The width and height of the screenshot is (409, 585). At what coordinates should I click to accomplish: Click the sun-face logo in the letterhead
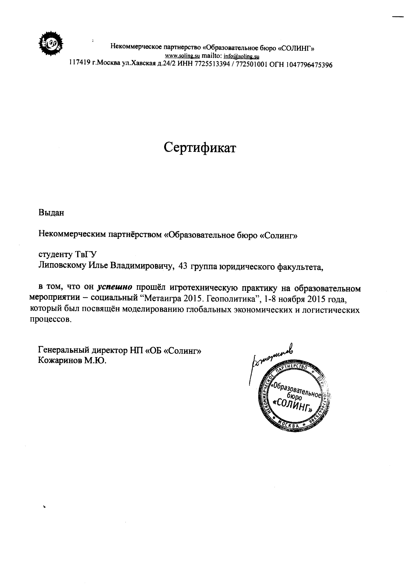51,43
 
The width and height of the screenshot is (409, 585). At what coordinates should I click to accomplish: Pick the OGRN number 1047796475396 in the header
309,65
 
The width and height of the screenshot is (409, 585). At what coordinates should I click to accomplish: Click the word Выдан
51,212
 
